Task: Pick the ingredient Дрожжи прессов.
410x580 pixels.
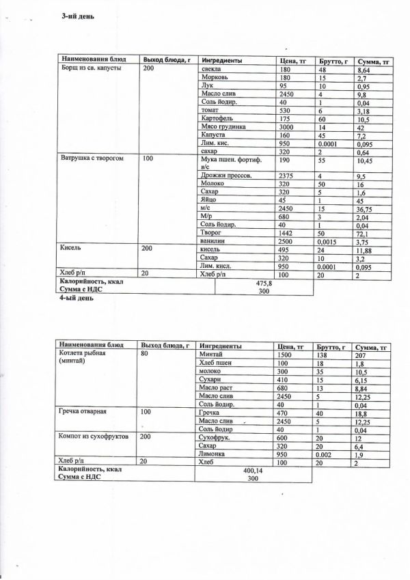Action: coord(223,175)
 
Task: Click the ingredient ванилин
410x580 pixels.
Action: coord(209,242)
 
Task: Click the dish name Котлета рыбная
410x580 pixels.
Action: coord(85,355)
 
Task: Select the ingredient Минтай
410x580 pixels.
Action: coord(212,355)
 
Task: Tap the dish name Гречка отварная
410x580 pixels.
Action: coord(85,413)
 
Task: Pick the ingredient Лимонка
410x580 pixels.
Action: coord(211,453)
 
